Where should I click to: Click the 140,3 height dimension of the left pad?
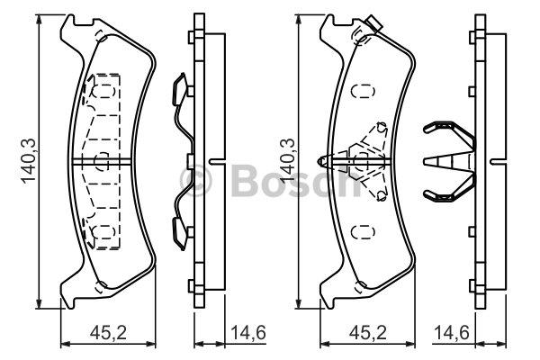click(x=29, y=160)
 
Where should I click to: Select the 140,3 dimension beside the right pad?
click(x=288, y=160)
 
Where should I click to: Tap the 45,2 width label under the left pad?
click(x=108, y=333)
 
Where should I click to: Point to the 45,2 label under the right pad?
click(x=368, y=333)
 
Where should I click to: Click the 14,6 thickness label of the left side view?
click(x=248, y=333)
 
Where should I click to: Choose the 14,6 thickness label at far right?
click(x=452, y=333)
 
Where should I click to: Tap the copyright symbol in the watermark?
click(x=195, y=180)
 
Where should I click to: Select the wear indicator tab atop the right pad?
click(x=374, y=23)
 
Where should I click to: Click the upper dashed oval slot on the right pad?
click(x=363, y=92)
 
